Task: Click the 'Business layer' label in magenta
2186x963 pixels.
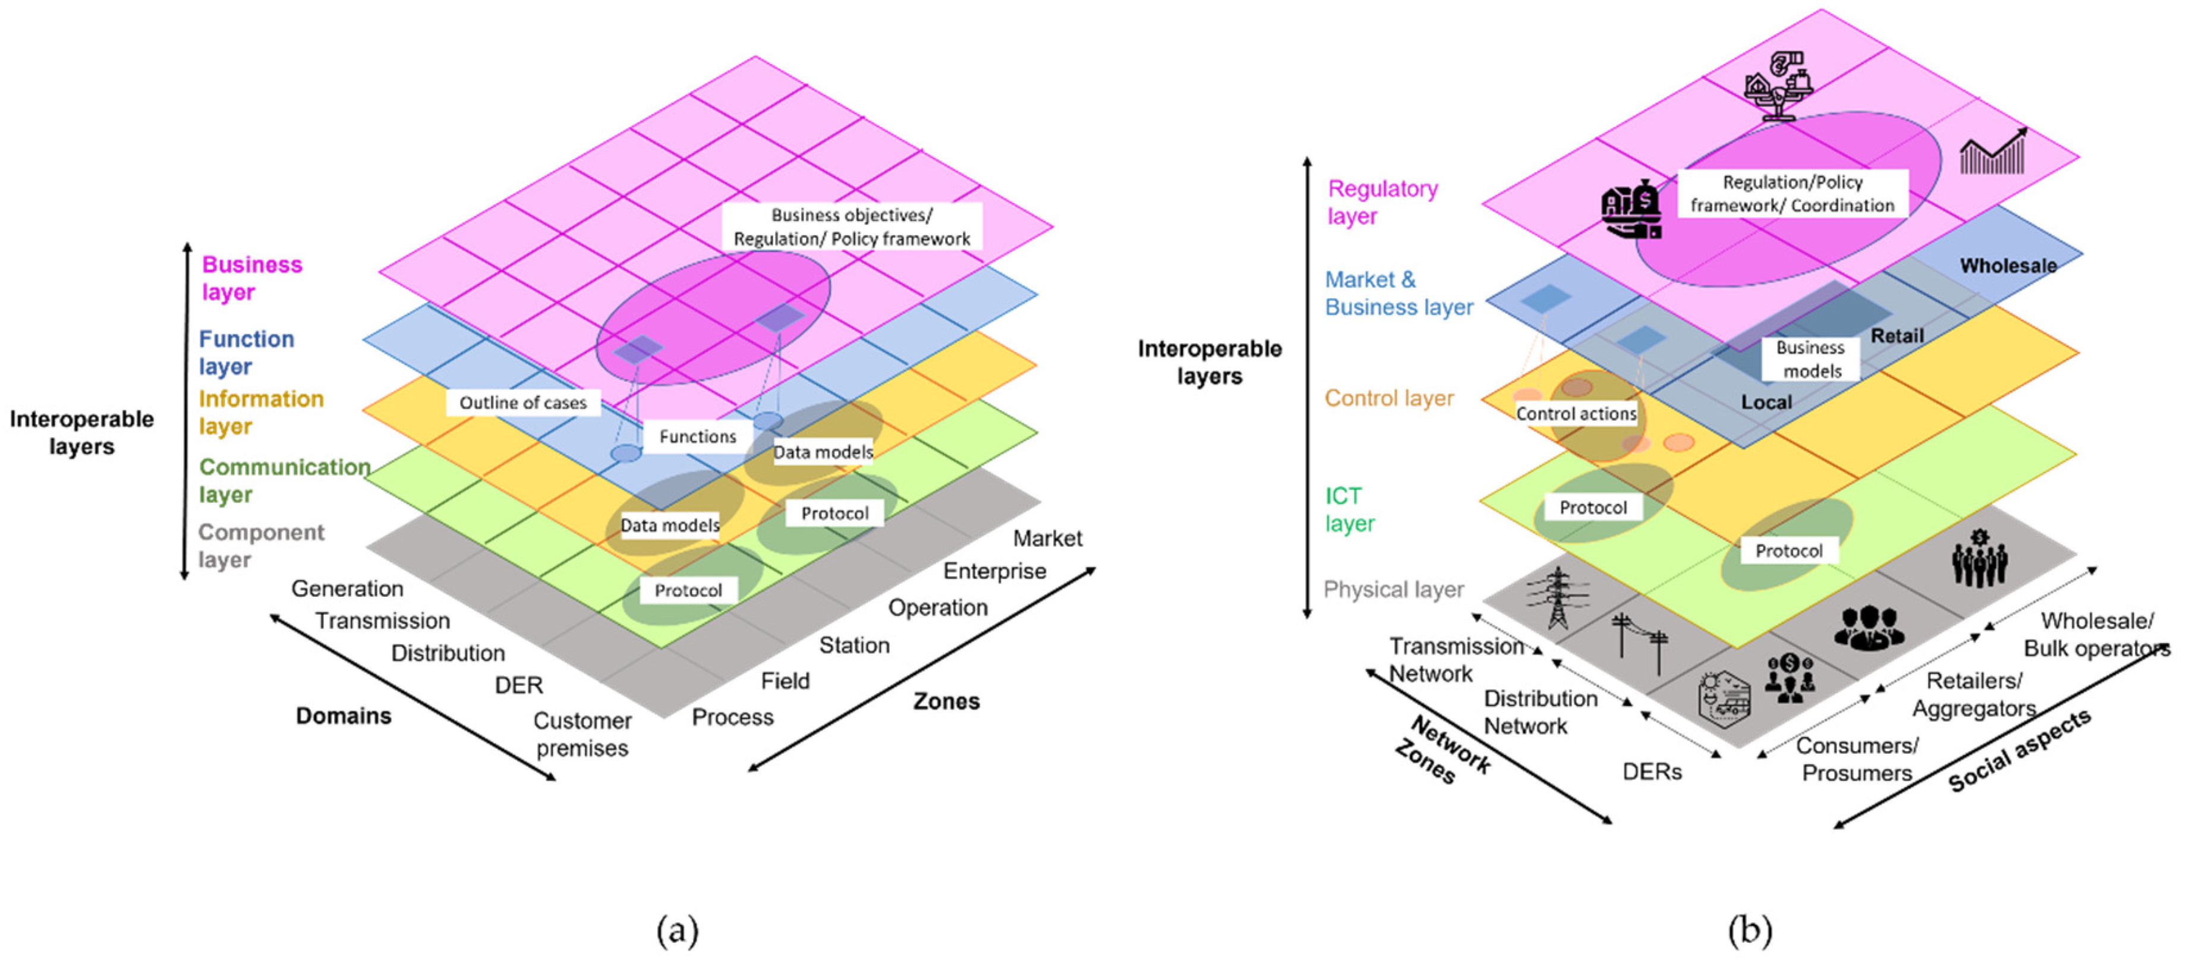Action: click(251, 278)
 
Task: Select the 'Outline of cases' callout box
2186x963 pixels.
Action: click(523, 402)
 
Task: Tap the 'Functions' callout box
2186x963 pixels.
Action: click(698, 436)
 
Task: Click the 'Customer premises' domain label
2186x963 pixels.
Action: click(582, 734)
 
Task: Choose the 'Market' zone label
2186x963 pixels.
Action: click(1047, 538)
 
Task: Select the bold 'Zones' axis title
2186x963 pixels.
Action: click(946, 701)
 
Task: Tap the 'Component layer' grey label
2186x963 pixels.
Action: click(260, 546)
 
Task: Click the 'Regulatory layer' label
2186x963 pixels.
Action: click(1381, 202)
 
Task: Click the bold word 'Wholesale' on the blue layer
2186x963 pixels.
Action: click(2008, 266)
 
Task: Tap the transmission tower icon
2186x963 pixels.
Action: click(1557, 597)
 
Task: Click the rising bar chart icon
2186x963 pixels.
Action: click(1992, 153)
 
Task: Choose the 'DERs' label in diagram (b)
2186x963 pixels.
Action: click(1651, 771)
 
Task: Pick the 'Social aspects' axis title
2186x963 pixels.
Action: click(2019, 751)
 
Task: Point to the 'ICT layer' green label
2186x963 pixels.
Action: click(1349, 509)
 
